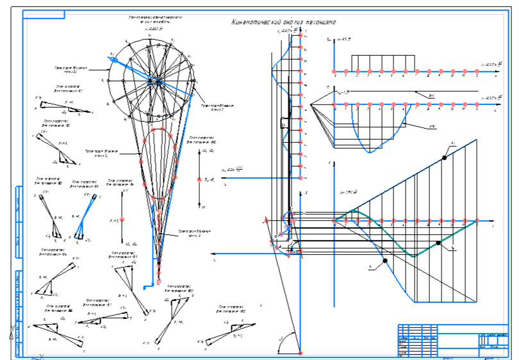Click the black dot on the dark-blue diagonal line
(x=444, y=157)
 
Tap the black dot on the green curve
(x=438, y=242)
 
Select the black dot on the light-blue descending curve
(x=384, y=261)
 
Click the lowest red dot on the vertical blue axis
(x=299, y=176)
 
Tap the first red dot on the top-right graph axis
(x=334, y=70)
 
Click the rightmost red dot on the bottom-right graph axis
(x=477, y=222)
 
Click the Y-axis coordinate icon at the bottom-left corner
(x=11, y=333)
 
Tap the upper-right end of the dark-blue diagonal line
(x=476, y=140)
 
